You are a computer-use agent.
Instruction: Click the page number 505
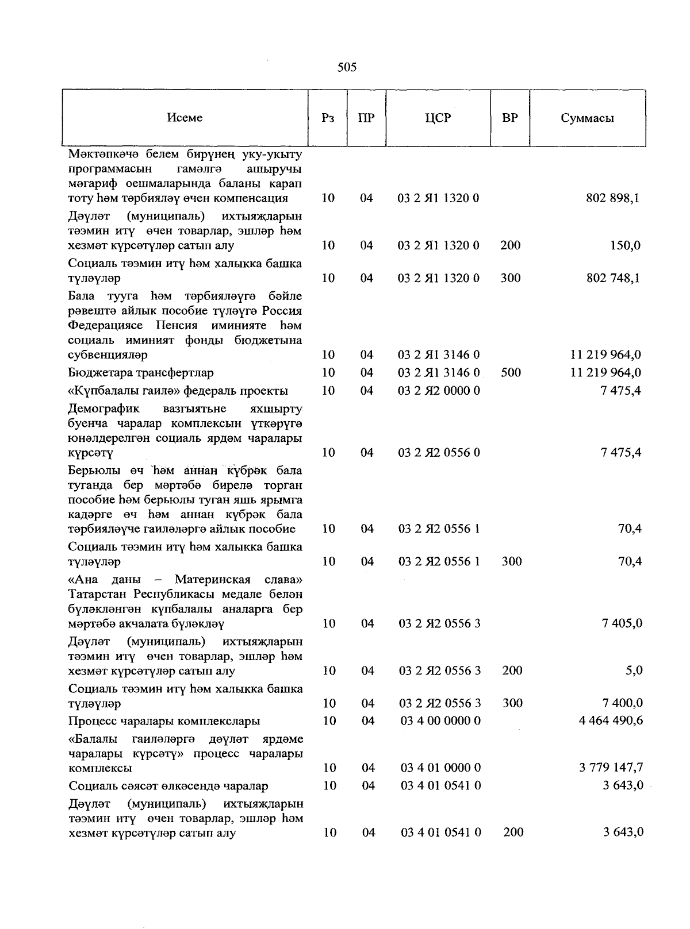[347, 68]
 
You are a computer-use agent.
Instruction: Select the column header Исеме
[185, 118]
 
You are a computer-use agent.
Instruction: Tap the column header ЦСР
[438, 118]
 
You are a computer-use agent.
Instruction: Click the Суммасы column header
[587, 118]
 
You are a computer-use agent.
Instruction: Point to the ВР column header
[510, 118]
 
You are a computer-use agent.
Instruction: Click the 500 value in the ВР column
[511, 373]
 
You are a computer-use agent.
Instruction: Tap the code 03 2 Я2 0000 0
[439, 391]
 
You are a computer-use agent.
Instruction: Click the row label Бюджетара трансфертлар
[141, 373]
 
